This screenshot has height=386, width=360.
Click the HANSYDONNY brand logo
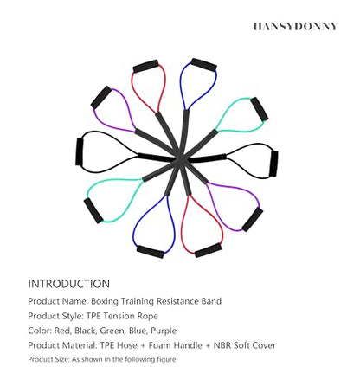(295, 26)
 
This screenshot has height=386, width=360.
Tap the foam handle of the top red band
(146, 66)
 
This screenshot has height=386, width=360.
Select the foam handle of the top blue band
(203, 65)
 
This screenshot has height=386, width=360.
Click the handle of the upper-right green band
(260, 109)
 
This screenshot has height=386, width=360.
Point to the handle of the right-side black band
(273, 164)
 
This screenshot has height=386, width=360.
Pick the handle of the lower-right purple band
(253, 220)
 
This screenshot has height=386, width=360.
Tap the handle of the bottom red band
(208, 250)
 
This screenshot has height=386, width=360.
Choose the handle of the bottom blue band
(151, 252)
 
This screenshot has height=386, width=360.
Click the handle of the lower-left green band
(93, 210)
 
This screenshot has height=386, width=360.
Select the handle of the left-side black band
(79, 151)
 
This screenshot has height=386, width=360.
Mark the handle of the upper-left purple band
(101, 97)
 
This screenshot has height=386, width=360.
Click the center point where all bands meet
(180, 158)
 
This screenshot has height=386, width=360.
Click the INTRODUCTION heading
(68, 284)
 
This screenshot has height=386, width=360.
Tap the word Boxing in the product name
(105, 301)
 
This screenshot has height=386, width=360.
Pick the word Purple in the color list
(164, 331)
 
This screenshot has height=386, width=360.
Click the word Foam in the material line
(159, 345)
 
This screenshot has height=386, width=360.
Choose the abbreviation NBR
(222, 345)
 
